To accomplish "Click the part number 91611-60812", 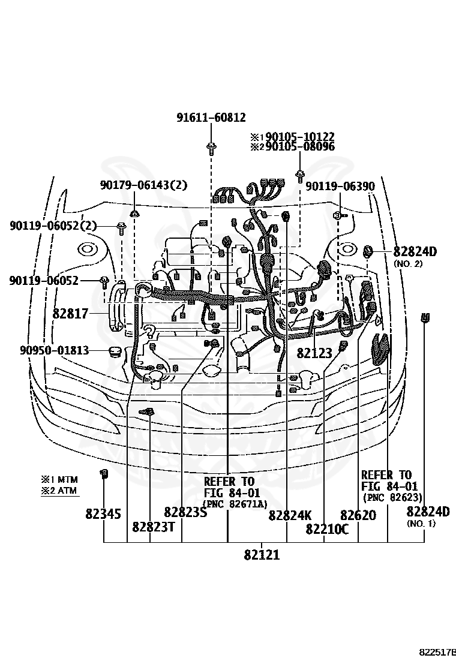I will (x=211, y=118).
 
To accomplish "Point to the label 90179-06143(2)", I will (x=143, y=186).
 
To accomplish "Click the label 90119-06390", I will (x=340, y=187).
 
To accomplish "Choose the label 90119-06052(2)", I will (x=53, y=226).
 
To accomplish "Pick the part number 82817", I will (x=70, y=313).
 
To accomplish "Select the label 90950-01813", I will (x=54, y=350).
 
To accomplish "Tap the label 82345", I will (x=103, y=514).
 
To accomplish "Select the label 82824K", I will (x=290, y=515).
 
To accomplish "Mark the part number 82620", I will (x=358, y=515).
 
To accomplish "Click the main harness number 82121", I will (x=262, y=555).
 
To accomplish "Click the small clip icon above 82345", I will (x=103, y=474).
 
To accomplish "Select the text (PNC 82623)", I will (x=392, y=497).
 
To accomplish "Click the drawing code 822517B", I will (x=437, y=652).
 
